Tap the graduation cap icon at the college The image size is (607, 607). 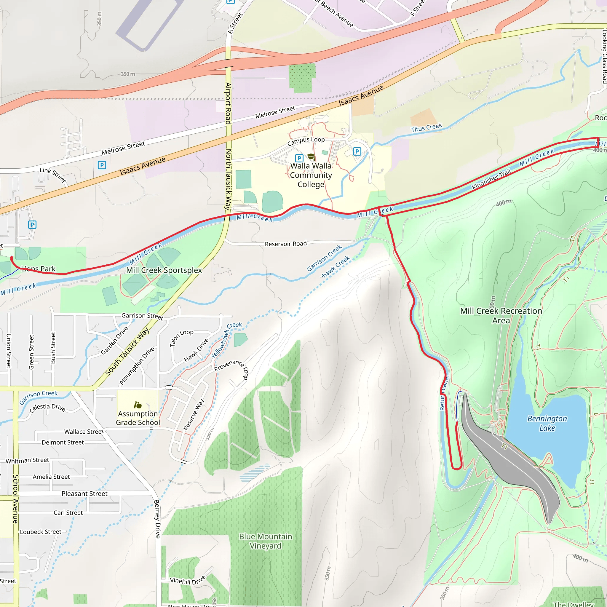(311, 156)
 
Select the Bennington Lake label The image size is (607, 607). (547, 423)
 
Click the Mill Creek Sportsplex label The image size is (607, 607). (164, 270)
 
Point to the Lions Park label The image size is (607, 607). (38, 269)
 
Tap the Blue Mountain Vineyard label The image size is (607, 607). (266, 541)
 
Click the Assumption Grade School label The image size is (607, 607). (138, 418)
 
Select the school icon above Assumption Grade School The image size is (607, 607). (138, 405)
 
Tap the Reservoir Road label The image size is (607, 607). (286, 244)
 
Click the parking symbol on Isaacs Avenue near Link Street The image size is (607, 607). (102, 165)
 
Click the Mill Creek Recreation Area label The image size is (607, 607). (501, 315)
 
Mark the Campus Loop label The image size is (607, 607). (306, 141)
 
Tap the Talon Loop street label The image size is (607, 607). (182, 338)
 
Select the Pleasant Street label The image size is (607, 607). (84, 493)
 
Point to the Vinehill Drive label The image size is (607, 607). (188, 580)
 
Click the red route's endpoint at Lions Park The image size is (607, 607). (11, 258)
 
